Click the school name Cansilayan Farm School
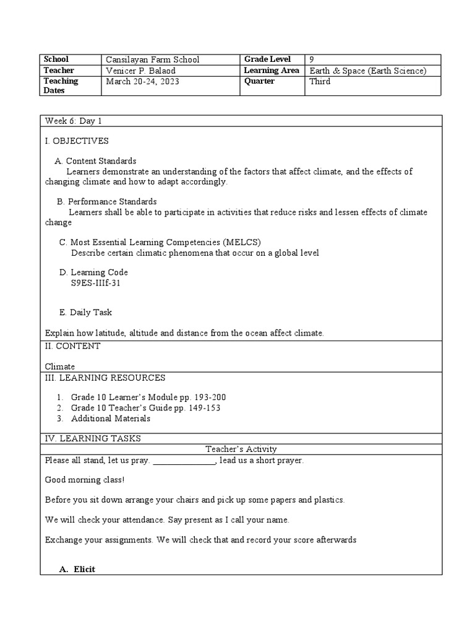tap(153, 59)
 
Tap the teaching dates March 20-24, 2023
tap(143, 81)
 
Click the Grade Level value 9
tap(312, 59)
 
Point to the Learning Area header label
tap(272, 71)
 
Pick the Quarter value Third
tap(320, 81)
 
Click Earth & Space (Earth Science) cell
tap(368, 71)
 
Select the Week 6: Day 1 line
tap(69, 121)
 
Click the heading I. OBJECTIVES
tap(77, 141)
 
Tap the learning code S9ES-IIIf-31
tap(100, 283)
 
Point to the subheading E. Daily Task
tap(85, 313)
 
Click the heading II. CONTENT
tap(72, 346)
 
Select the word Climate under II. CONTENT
tap(60, 367)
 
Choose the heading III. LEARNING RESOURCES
tap(105, 378)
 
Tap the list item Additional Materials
tap(111, 419)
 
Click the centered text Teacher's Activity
tap(241, 449)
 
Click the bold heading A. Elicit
tap(77, 569)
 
